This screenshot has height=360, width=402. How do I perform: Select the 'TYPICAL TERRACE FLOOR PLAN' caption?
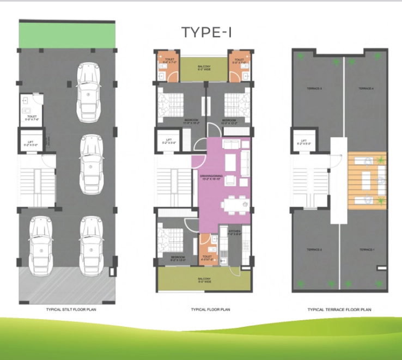[339, 309]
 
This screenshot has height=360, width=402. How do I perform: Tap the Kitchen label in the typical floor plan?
[234, 233]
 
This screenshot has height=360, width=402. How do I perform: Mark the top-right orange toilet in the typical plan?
[239, 65]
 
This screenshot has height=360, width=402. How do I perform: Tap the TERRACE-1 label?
[367, 249]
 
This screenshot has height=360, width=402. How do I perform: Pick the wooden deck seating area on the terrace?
[367, 180]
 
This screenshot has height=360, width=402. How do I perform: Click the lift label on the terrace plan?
[304, 143]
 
